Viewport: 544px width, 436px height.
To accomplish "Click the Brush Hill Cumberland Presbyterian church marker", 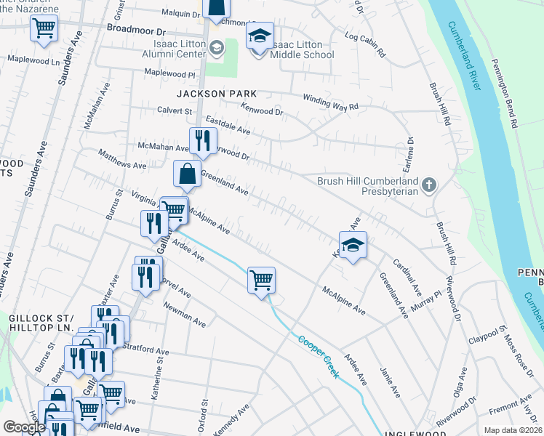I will coord(429,185).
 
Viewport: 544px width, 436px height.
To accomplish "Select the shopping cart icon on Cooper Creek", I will coord(261,280).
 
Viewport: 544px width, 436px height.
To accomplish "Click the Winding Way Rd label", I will coord(332,102).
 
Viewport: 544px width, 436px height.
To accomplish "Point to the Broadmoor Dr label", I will coord(137,32).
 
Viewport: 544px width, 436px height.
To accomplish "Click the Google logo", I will coord(24,427).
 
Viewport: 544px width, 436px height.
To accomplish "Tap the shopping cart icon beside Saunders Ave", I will coord(44,28).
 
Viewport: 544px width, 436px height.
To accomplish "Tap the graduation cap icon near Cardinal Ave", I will coord(353,246).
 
